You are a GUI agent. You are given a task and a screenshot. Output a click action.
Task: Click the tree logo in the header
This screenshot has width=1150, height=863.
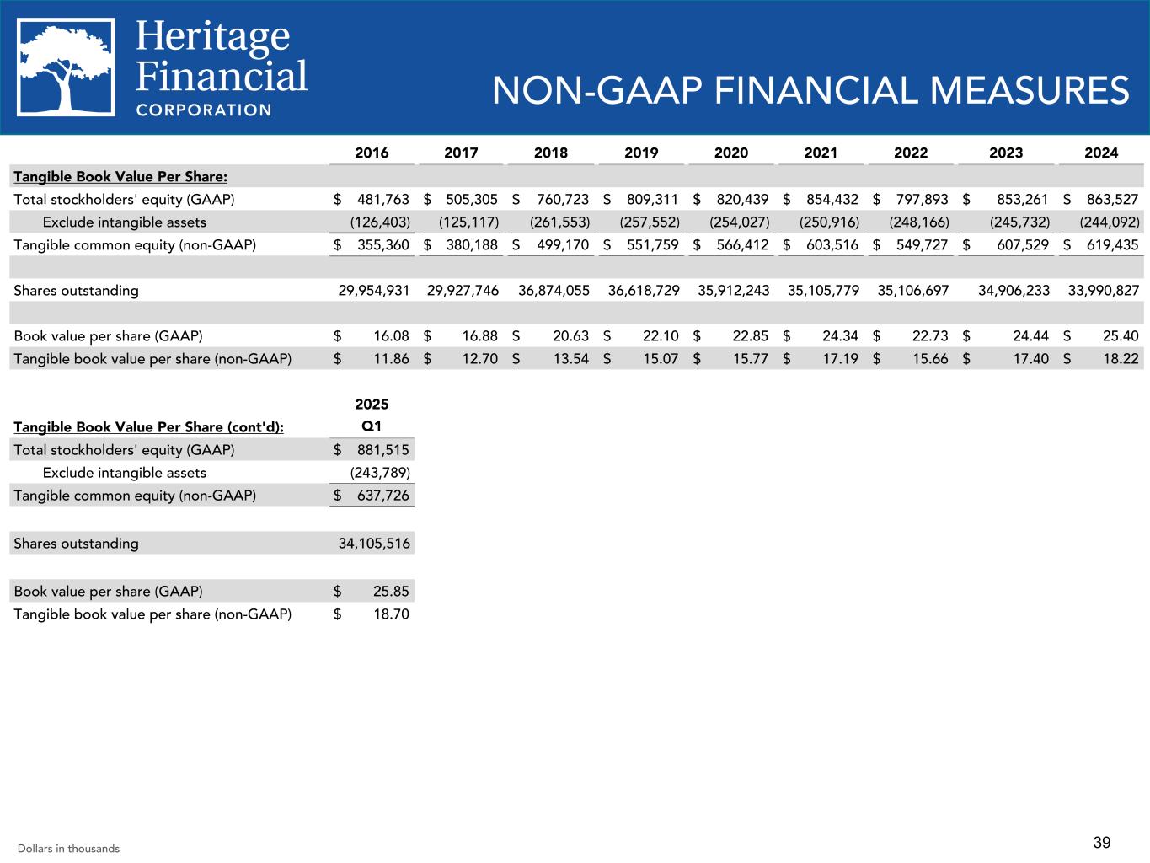pyautogui.click(x=66, y=67)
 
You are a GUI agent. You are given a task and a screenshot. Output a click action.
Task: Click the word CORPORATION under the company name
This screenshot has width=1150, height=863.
pyautogui.click(x=204, y=110)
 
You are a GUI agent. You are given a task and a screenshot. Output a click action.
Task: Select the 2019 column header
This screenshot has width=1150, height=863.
pyautogui.click(x=641, y=153)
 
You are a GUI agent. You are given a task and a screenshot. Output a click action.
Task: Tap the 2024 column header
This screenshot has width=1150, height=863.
pyautogui.click(x=1101, y=153)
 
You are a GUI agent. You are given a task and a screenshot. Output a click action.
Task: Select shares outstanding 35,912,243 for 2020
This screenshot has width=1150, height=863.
pyautogui.click(x=734, y=291)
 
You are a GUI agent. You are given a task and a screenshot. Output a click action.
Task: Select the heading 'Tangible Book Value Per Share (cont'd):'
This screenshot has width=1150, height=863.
pyautogui.click(x=148, y=427)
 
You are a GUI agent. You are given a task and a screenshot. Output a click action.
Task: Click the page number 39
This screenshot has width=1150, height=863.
pyautogui.click(x=1102, y=842)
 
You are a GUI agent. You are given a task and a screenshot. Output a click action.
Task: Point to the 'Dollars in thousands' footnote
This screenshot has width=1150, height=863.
pyautogui.click(x=68, y=849)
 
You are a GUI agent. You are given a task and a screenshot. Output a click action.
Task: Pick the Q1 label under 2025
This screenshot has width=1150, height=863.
pyautogui.click(x=372, y=426)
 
